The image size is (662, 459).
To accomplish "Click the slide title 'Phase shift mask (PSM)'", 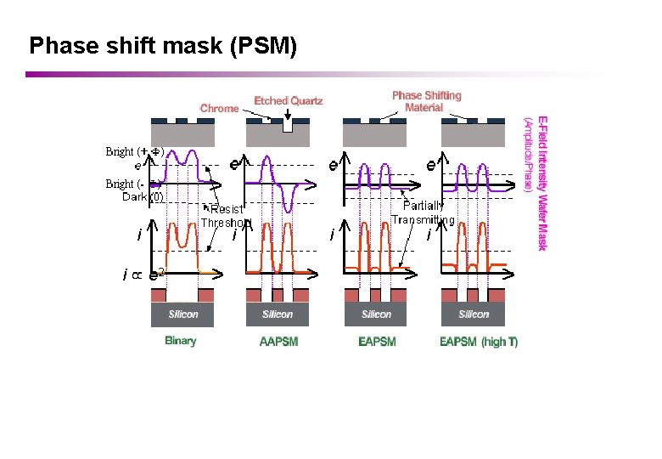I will coord(163,45).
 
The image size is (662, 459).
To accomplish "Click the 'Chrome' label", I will coord(219,108).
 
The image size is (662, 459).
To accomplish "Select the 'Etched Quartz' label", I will coord(289,100).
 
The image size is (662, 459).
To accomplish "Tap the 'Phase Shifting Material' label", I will coord(426,101).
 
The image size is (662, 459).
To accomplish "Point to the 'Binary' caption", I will coord(180,341).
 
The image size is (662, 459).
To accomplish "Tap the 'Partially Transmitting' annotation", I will coord(423,212).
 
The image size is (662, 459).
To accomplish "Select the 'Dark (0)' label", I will coord(142,197).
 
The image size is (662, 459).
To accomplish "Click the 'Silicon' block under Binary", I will coord(183,314).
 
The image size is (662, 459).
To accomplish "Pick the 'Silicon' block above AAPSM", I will coord(278,314).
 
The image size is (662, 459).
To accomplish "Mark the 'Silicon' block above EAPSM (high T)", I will coord(474,314).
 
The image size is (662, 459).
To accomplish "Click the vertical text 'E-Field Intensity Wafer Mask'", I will coord(541,183).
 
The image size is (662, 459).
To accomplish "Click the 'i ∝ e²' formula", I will coord(143,274).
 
